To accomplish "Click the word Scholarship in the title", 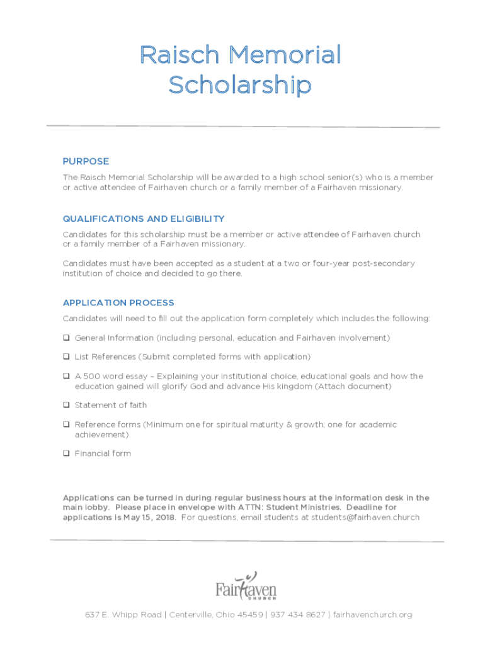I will (240, 85).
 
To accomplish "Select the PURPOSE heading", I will (86, 161).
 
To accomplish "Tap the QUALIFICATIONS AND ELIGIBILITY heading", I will (144, 219).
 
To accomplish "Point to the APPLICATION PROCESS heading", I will (118, 303).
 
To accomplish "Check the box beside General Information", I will (66, 338).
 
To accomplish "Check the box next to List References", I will (66, 357).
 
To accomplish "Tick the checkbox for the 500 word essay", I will (66, 376).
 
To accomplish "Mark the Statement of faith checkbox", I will (66, 405).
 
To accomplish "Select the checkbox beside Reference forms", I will (66, 425).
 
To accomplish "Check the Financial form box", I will (66, 454).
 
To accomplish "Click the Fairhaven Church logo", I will (246, 586).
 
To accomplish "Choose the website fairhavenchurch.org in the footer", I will (372, 615).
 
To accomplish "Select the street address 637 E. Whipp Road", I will (123, 615).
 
